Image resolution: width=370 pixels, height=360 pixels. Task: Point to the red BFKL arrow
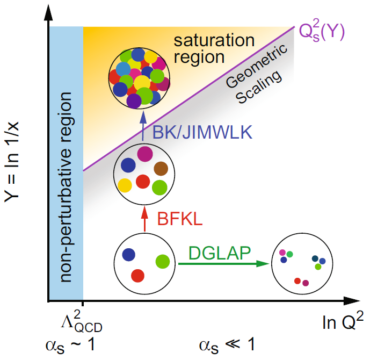click(143, 219)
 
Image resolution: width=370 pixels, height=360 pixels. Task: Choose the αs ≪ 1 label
click(226, 344)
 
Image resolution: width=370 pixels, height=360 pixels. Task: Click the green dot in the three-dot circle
click(163, 262)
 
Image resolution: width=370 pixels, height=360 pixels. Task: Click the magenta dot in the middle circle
click(144, 154)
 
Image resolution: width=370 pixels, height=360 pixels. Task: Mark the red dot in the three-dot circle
click(138, 276)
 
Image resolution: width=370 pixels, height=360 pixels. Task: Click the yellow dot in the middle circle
click(125, 185)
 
